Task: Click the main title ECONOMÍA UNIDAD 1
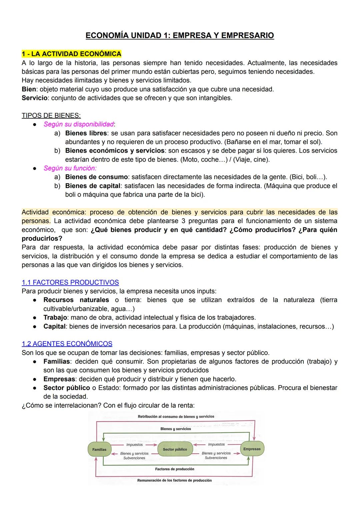(180, 35)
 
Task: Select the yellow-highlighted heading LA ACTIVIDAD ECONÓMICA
(71, 54)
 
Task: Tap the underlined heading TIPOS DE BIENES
(51, 116)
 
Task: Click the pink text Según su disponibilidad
(79, 124)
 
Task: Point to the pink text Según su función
(70, 168)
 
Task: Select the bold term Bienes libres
(86, 133)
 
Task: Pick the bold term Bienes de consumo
(96, 177)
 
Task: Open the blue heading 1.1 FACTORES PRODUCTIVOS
(70, 282)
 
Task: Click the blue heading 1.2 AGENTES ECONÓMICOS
(67, 344)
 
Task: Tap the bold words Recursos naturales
(76, 300)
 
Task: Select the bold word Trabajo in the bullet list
(55, 317)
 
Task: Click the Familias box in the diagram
(99, 449)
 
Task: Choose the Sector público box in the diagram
(175, 449)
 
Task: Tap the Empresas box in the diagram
(252, 449)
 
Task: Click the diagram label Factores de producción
(175, 469)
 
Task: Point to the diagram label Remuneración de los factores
(174, 480)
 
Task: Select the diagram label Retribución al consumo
(176, 417)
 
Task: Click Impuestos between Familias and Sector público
(134, 445)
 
